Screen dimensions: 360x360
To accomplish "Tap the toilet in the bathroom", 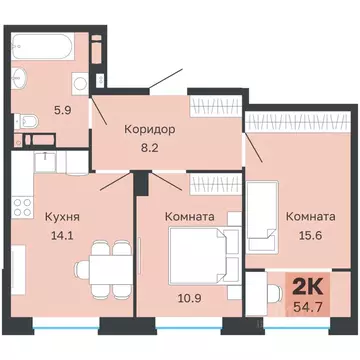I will point(29,122).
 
